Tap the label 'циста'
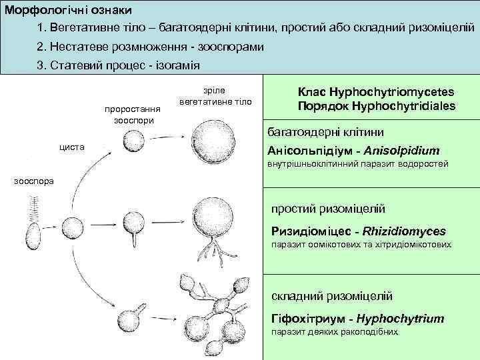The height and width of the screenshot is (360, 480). [71, 146]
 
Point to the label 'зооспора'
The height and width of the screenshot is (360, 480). [31, 181]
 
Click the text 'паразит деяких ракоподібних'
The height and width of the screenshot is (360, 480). [333, 331]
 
